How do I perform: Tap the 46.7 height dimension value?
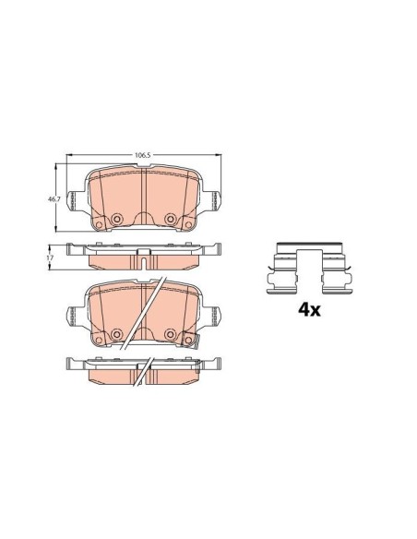pyautogui.click(x=52, y=198)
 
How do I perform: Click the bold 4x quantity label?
pyautogui.click(x=309, y=310)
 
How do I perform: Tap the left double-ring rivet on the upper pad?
pyautogui.click(x=117, y=219)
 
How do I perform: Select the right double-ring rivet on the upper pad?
pyautogui.click(x=170, y=219)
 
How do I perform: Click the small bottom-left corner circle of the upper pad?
pyautogui.click(x=99, y=225)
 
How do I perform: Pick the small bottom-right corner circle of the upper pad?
pyautogui.click(x=188, y=225)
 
